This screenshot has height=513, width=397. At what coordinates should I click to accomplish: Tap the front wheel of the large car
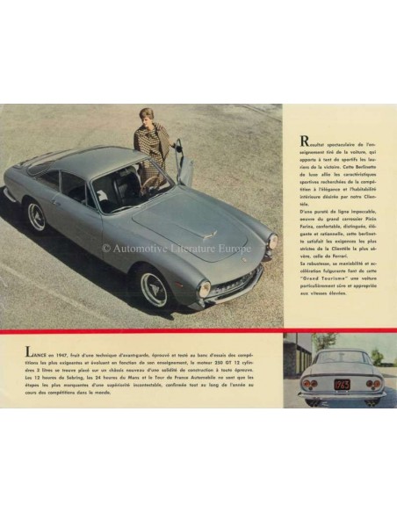pyautogui.click(x=155, y=288)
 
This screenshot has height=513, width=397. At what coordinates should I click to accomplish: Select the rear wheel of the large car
pyautogui.click(x=36, y=215)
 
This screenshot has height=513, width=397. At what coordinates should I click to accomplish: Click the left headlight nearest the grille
pyautogui.click(x=204, y=288)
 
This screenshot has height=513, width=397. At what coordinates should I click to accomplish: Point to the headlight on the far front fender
pyautogui.click(x=272, y=241)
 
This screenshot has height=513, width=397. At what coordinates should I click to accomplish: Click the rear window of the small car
pyautogui.click(x=342, y=358)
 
